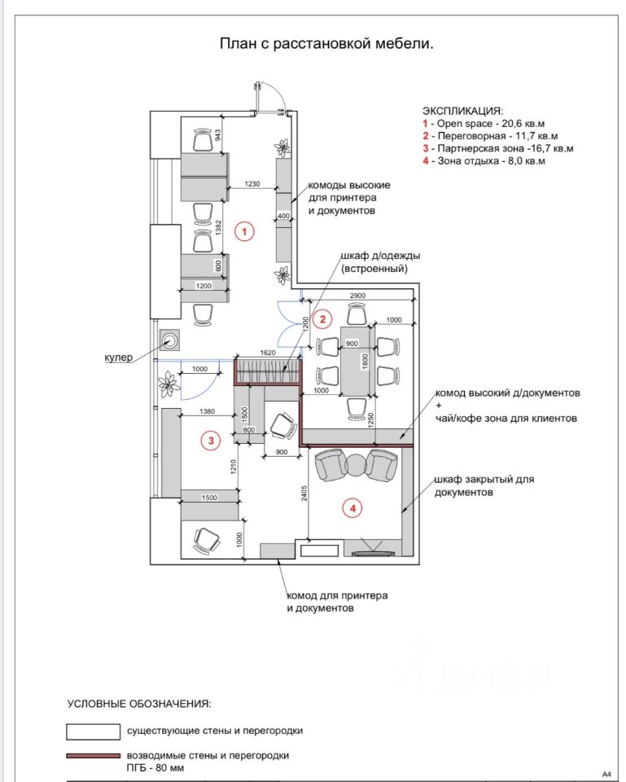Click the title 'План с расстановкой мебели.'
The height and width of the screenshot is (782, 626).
[325, 43]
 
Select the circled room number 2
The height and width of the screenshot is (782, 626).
[323, 319]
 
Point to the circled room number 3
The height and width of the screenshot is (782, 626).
[211, 441]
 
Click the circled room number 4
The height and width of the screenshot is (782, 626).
[352, 508]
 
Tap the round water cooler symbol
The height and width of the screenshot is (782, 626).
[172, 339]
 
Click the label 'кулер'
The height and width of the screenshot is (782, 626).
[119, 358]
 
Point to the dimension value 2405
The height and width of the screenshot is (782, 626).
[304, 494]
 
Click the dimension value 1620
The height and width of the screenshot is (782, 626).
[268, 354]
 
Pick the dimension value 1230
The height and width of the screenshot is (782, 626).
[252, 184]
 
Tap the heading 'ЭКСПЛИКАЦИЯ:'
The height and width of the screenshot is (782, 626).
[462, 110]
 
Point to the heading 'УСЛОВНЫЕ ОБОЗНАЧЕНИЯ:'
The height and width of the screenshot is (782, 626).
[138, 702]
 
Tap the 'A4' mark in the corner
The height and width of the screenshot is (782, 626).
[606, 774]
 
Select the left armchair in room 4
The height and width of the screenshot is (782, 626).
[330, 464]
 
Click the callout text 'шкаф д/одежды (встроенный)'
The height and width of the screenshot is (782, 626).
[374, 262]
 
